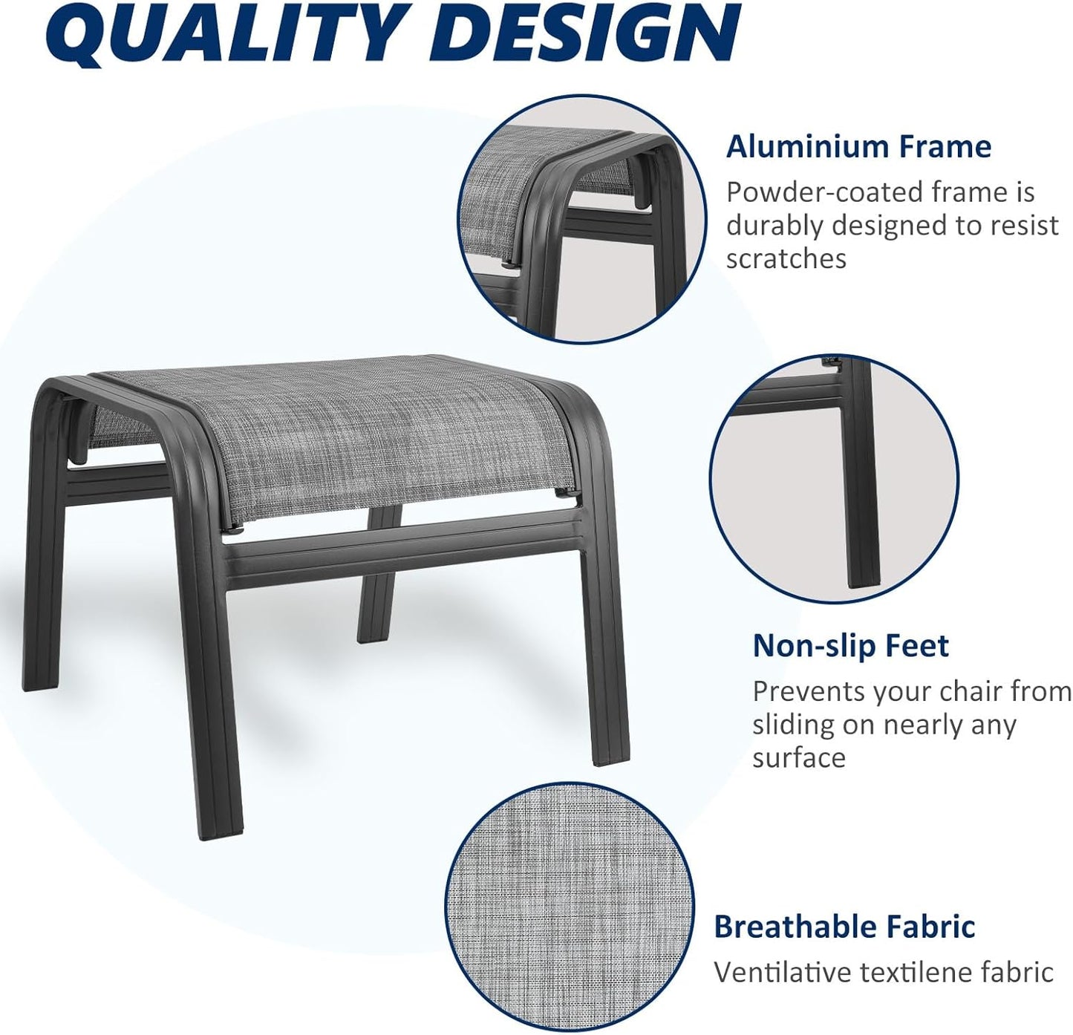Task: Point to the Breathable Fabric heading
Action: (844, 927)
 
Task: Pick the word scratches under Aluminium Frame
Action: (786, 258)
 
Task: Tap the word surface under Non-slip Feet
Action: (798, 758)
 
